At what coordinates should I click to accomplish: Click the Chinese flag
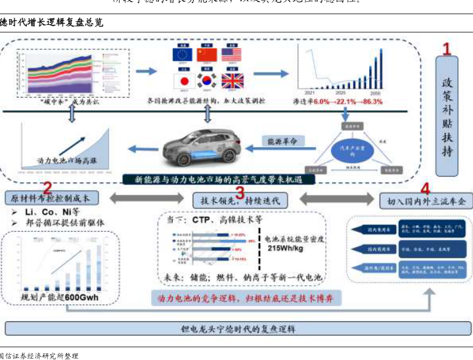point(206,55)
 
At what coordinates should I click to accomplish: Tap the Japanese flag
point(181,80)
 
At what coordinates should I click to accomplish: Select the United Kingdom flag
point(232,80)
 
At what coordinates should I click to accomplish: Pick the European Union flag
point(181,55)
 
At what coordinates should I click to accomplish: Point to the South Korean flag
point(206,80)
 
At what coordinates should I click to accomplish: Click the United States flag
point(231,55)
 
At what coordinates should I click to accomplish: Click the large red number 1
point(447,48)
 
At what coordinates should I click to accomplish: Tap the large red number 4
point(425,190)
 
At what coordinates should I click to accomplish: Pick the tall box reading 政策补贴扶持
point(447,117)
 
